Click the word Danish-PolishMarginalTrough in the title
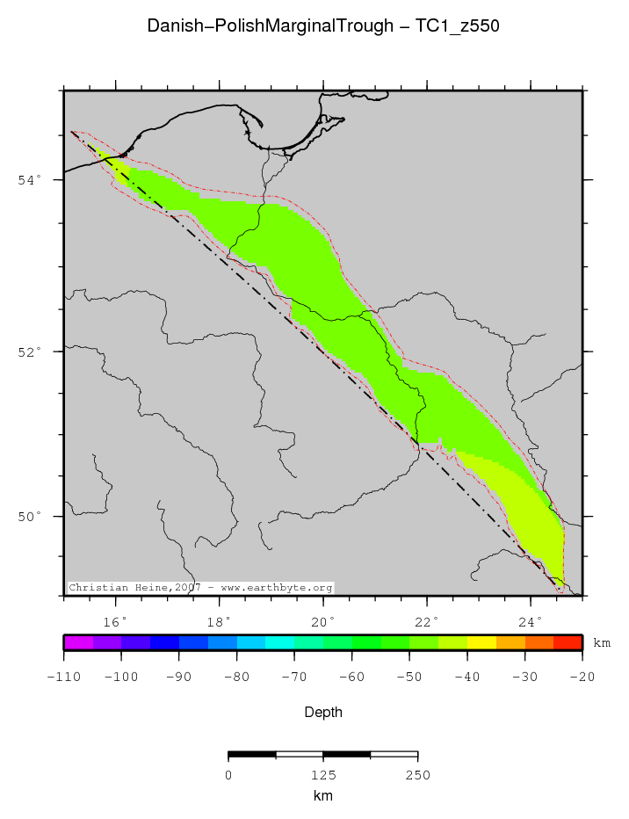(x=270, y=26)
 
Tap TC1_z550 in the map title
(x=459, y=26)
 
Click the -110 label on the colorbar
(x=64, y=676)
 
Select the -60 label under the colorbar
(x=351, y=676)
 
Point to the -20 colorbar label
(x=582, y=676)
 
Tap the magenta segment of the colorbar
(x=78, y=642)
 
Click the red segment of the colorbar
(x=568, y=642)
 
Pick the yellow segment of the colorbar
(x=481, y=642)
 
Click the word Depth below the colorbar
(x=323, y=712)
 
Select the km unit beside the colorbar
(x=602, y=643)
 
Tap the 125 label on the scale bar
(x=323, y=775)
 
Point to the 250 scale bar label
(x=417, y=775)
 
